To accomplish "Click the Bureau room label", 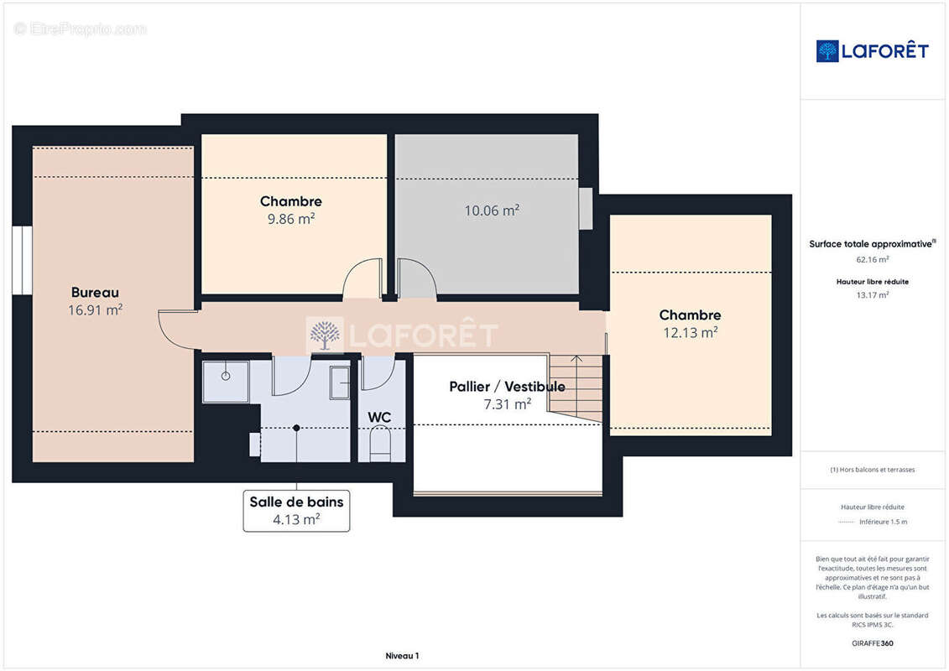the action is click(95, 293).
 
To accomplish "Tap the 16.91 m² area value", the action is click(95, 309).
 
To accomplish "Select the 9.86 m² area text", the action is click(291, 218).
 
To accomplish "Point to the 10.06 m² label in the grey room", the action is click(492, 210).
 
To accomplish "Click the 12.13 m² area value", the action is click(691, 332).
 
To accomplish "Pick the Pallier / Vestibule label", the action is click(507, 387).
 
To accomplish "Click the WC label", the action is click(379, 418).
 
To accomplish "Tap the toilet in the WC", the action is click(380, 444).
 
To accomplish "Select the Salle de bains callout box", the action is click(296, 511).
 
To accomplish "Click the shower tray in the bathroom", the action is click(226, 382).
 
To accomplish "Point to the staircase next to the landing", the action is click(576, 388).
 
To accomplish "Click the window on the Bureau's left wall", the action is click(23, 260).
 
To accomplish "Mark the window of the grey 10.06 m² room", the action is click(585, 209).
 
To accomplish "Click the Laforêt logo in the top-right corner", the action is click(872, 51).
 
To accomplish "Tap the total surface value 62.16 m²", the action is click(872, 259).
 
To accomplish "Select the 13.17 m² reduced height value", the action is click(872, 295).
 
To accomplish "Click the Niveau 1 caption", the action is click(403, 656).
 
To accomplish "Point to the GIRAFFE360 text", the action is click(872, 643).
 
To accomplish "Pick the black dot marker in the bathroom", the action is click(296, 428).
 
